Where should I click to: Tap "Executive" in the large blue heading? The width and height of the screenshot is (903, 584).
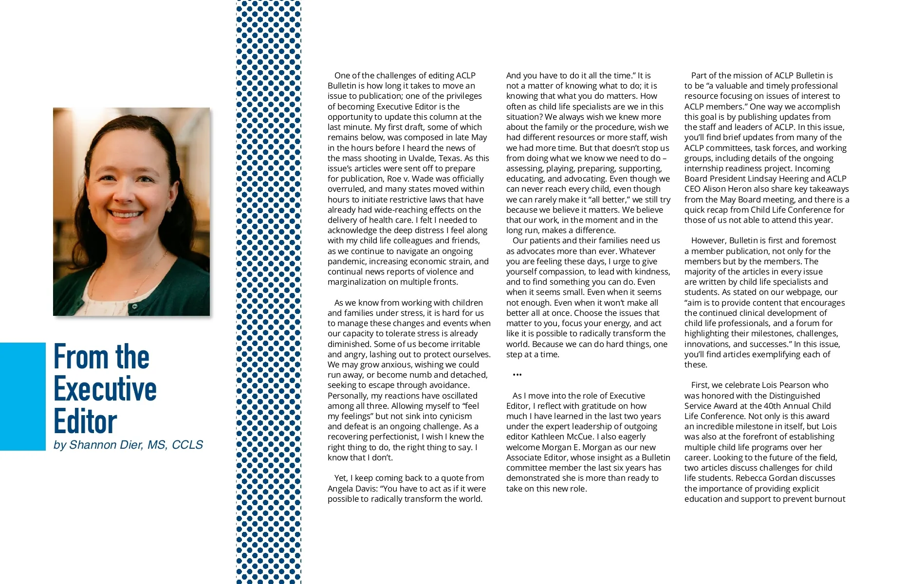click(x=105, y=389)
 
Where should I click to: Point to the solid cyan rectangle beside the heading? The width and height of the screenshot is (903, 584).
click(x=22, y=396)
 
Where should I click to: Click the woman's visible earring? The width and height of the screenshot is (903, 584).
click(x=169, y=209)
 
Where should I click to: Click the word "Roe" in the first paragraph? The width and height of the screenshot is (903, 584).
click(x=394, y=179)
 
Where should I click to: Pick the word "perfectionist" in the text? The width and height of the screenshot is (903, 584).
click(x=395, y=437)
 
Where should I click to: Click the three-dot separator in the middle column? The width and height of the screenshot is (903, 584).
click(x=517, y=375)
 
